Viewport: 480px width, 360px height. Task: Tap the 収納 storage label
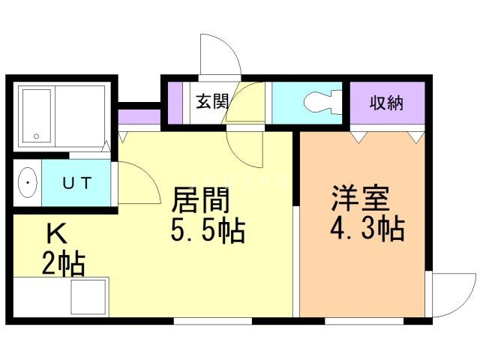click(386, 103)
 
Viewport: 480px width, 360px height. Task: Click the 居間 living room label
click(199, 201)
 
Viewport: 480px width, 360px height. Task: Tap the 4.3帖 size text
click(367, 228)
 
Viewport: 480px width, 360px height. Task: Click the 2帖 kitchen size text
click(63, 265)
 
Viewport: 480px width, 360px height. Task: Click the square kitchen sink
click(89, 297)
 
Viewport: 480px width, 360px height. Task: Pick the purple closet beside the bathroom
click(139, 118)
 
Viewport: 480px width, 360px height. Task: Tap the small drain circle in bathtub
click(35, 136)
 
